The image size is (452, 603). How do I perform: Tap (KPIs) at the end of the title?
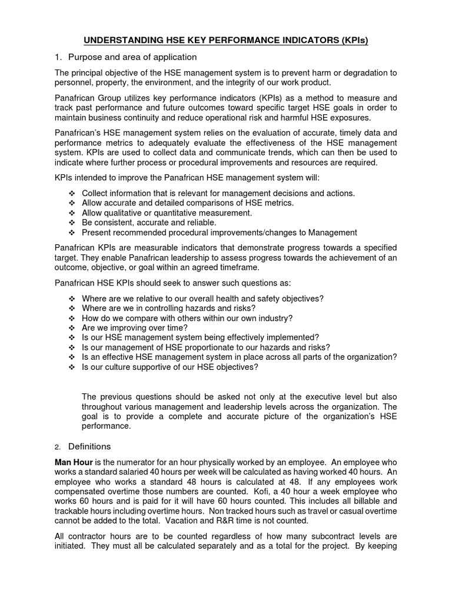point(351,41)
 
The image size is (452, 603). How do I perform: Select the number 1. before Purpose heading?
point(58,57)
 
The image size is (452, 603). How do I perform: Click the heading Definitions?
point(89,446)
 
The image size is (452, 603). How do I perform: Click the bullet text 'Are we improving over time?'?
point(135,327)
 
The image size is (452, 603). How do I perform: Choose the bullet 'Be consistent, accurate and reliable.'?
point(149,223)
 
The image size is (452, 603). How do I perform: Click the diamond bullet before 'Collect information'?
point(72,193)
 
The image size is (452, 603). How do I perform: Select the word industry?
point(276,318)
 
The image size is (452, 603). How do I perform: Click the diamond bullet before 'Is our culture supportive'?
point(72,367)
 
